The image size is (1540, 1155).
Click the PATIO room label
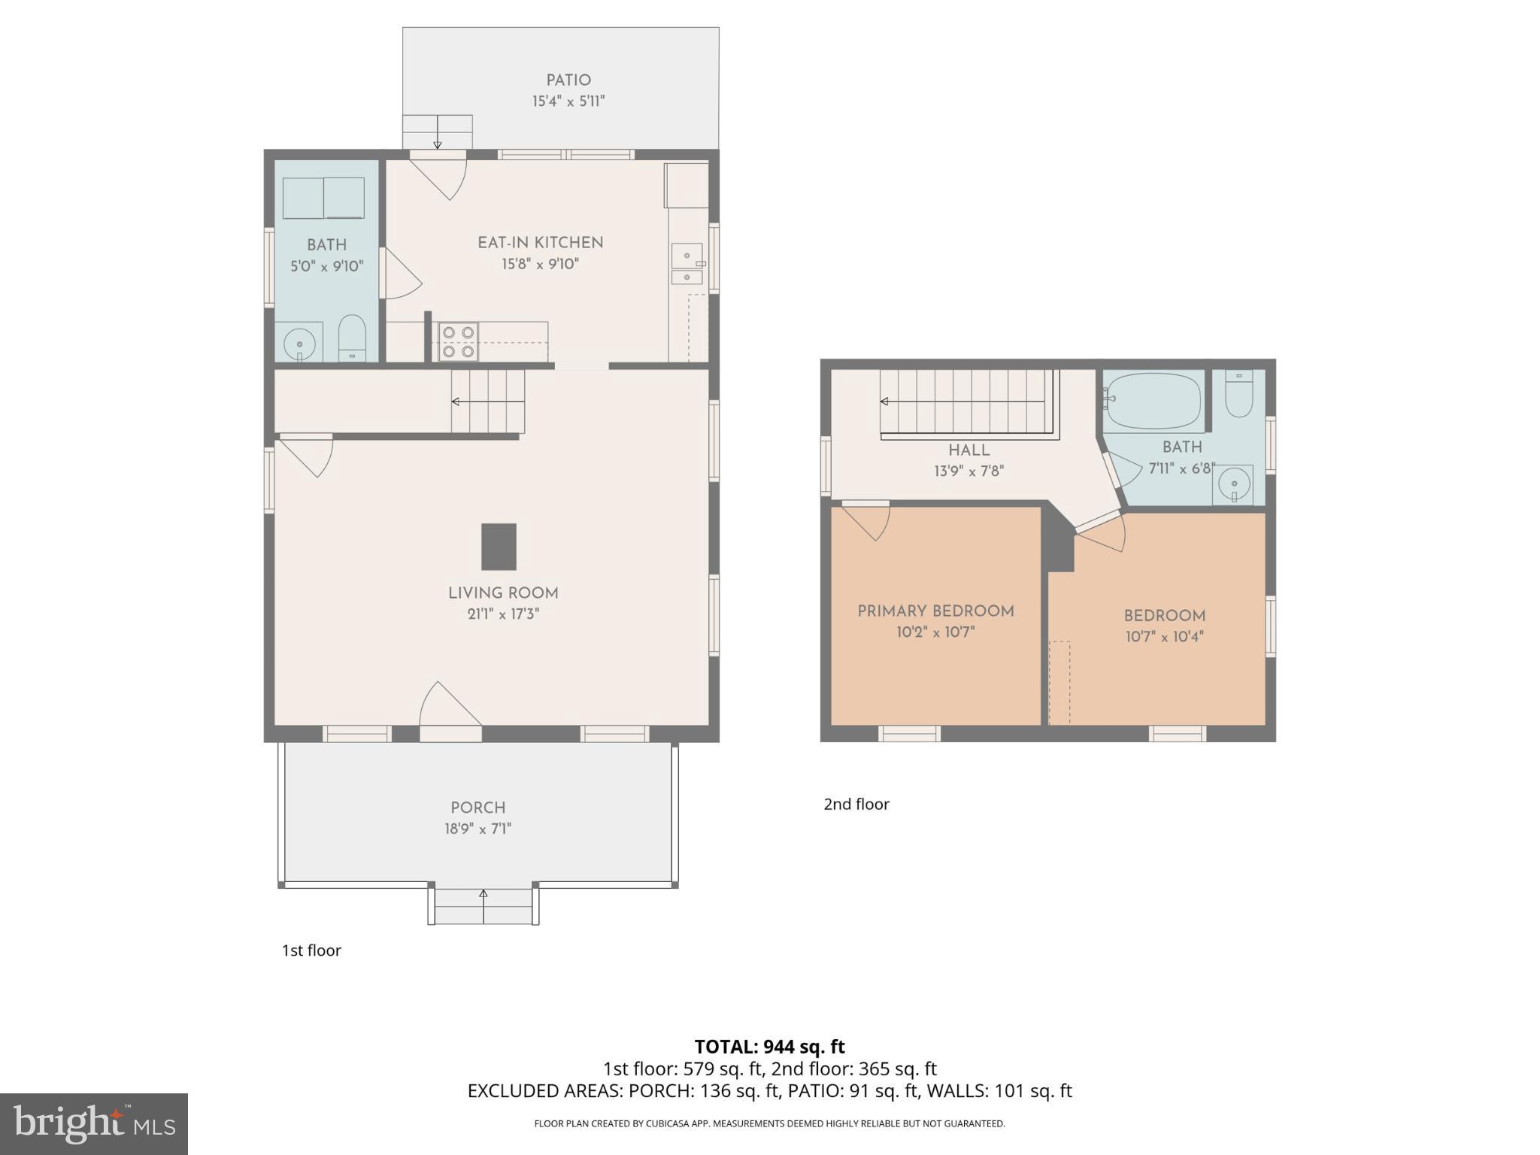coord(568,80)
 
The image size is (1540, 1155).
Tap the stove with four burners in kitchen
coord(458,341)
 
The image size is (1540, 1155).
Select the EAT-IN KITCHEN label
coord(540,243)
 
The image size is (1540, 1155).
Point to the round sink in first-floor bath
coord(299,344)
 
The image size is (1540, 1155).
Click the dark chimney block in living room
coord(499,547)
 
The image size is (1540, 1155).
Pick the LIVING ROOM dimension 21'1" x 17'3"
coord(503,614)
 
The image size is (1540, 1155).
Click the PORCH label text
coord(477,808)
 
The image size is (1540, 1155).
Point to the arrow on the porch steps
coord(484,895)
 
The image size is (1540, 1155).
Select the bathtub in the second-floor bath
coord(1152,401)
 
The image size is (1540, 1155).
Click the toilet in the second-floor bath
coord(1238,395)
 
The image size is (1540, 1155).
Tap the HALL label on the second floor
coord(969,450)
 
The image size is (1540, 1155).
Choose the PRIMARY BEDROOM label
coord(935,611)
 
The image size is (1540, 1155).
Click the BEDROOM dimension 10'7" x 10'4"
coord(1164,637)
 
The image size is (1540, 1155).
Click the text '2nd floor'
coord(856,804)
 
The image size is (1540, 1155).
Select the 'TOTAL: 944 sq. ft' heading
coord(769,1047)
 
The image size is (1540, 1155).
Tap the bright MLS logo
coord(94,1123)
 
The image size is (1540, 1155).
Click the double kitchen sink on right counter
coord(687,265)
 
